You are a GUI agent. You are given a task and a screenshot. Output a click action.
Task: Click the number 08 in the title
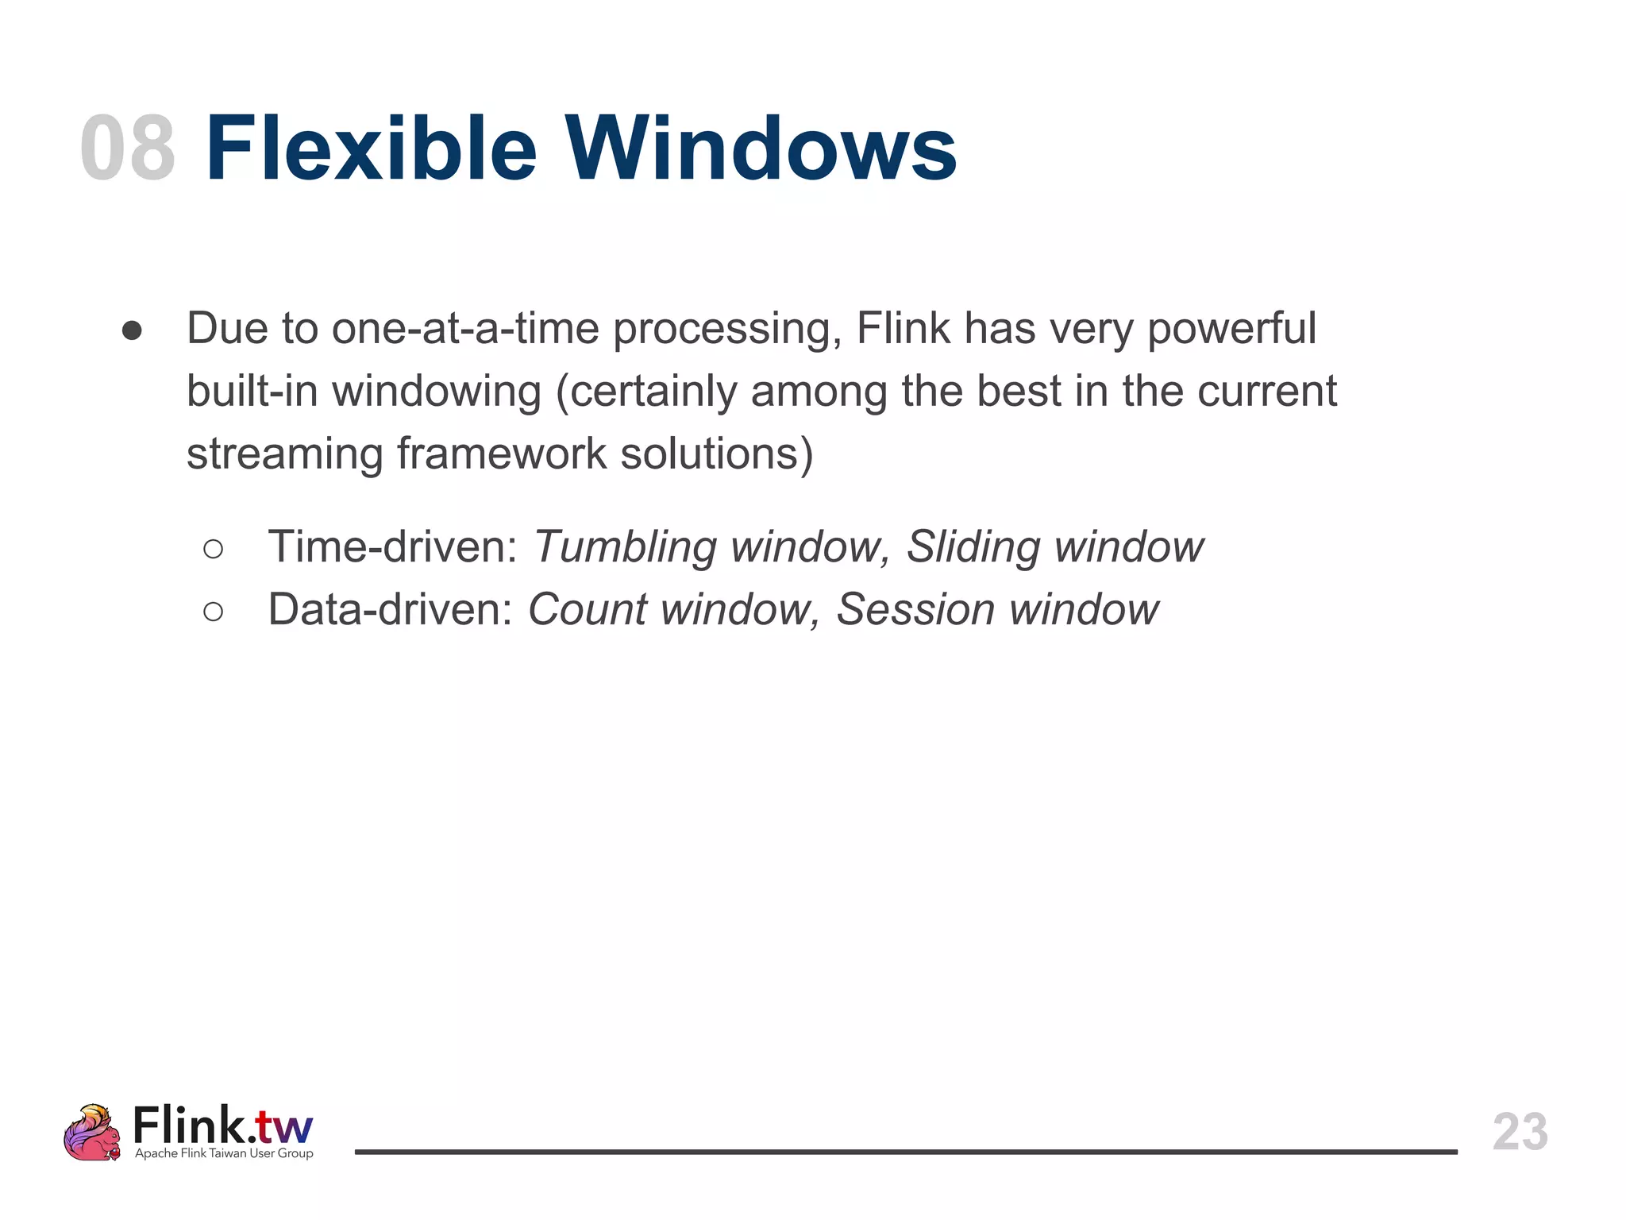[x=128, y=149]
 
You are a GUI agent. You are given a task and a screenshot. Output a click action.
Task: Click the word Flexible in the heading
[x=371, y=149]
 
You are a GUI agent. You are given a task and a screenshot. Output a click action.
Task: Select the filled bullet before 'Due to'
[x=132, y=330]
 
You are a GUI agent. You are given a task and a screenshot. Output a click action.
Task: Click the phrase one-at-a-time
[x=464, y=328]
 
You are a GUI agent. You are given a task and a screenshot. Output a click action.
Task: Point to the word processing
[x=726, y=330]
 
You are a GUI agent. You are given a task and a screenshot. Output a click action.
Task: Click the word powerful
[x=1231, y=330]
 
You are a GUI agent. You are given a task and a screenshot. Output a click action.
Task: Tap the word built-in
[x=252, y=391]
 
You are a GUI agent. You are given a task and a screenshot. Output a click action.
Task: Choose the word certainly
[x=653, y=392]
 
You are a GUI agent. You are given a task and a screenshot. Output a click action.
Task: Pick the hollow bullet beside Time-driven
[x=213, y=549]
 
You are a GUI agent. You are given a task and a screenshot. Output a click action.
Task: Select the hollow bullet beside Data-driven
[x=213, y=612]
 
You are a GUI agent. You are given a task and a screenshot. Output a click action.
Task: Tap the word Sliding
[x=973, y=548]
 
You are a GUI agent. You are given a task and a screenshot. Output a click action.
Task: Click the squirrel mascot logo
[x=92, y=1133]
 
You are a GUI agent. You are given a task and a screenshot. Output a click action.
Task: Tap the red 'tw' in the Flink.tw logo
[x=286, y=1127]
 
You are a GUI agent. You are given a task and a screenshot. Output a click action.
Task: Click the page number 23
[x=1520, y=1132]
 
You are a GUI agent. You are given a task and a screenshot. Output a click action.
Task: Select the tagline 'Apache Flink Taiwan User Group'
[x=224, y=1153]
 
